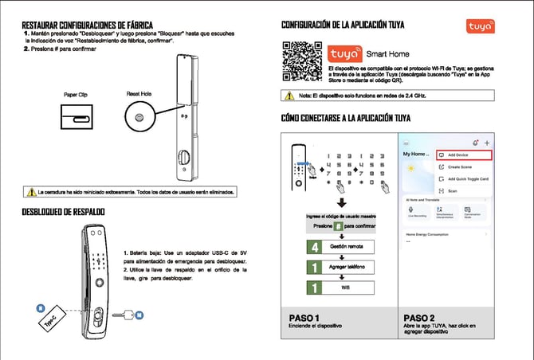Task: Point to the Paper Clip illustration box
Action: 76,119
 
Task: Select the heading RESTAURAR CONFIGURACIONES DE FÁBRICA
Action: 88,26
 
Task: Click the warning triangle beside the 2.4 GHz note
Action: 290,96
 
